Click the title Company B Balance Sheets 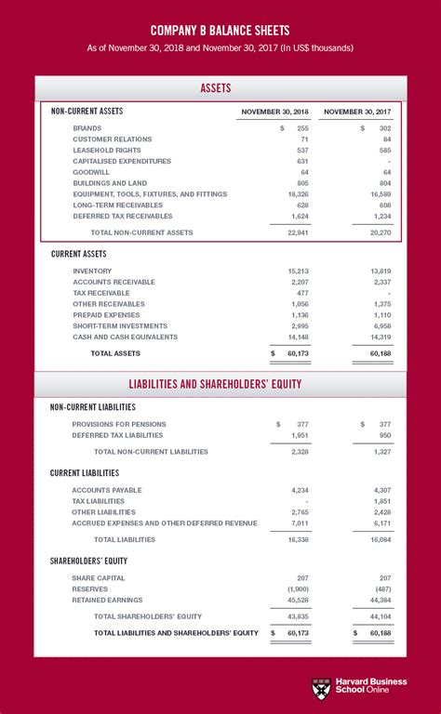coord(220,29)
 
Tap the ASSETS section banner coord(220,88)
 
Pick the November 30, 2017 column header coord(358,112)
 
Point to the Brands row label coord(87,128)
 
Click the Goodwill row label coord(90,172)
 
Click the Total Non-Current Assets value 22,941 coord(297,232)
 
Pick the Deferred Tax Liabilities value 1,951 coord(298,435)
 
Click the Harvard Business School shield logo coord(321,688)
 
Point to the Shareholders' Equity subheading coord(88,561)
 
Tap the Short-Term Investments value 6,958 coord(380,325)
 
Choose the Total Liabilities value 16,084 coord(378,539)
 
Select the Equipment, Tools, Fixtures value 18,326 coord(297,194)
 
